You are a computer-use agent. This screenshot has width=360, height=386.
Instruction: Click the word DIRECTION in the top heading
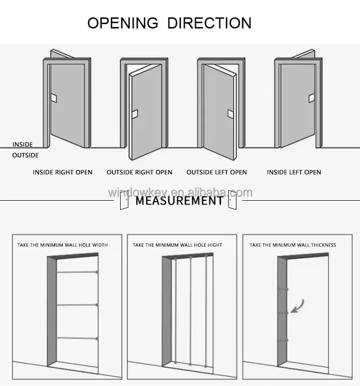click(209, 23)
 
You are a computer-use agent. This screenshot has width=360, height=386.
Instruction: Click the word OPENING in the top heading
click(123, 23)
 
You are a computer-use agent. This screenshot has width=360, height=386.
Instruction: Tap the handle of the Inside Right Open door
click(54, 98)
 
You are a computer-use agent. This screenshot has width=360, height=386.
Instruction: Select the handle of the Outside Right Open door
click(135, 114)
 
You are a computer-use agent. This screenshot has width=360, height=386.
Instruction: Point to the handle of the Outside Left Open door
click(231, 114)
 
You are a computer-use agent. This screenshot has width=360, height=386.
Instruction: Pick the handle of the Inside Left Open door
click(312, 98)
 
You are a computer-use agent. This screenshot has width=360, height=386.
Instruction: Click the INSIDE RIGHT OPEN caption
click(63, 172)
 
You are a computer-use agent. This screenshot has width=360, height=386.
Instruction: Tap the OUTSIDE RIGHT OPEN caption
click(139, 172)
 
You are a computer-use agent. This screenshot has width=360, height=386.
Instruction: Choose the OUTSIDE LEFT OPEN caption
click(217, 172)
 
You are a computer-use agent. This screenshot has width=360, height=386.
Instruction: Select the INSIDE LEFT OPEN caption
click(294, 172)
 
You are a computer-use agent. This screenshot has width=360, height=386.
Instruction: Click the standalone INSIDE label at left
click(22, 144)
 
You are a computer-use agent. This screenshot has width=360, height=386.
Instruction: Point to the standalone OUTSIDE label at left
click(26, 155)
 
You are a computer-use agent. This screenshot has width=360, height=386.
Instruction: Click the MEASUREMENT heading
click(180, 201)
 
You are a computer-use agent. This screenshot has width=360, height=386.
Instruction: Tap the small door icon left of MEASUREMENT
click(125, 200)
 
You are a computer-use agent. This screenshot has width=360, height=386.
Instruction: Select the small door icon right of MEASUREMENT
click(232, 200)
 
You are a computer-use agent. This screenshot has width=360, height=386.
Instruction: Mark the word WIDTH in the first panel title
click(100, 245)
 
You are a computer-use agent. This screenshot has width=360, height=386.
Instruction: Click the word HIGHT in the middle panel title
click(215, 245)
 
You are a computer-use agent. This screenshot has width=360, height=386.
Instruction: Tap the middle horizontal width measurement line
click(77, 305)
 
